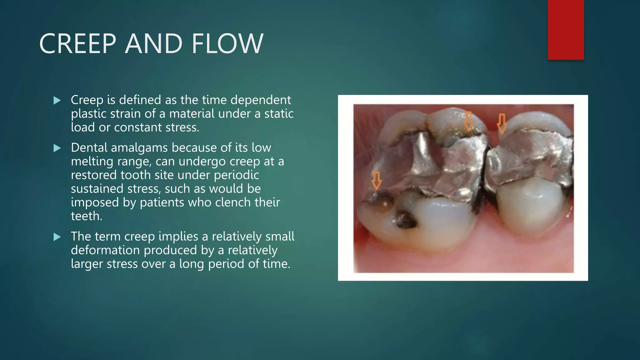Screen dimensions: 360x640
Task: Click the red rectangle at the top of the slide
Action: pyautogui.click(x=566, y=30)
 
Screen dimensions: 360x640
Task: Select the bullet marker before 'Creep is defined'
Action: pyautogui.click(x=57, y=100)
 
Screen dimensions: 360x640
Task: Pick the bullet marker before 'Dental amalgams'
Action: pyautogui.click(x=57, y=148)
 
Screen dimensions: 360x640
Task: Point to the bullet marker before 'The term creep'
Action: pyautogui.click(x=57, y=237)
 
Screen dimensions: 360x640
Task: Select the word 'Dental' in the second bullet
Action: pyautogui.click(x=89, y=147)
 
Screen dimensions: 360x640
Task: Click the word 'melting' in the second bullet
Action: pyautogui.click(x=92, y=162)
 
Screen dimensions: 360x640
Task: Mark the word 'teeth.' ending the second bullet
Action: pyautogui.click(x=87, y=216)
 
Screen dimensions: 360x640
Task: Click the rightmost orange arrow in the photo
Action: pyautogui.click(x=502, y=124)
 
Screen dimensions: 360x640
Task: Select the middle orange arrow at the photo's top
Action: pyautogui.click(x=468, y=121)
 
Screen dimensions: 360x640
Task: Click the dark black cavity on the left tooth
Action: pyautogui.click(x=406, y=220)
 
